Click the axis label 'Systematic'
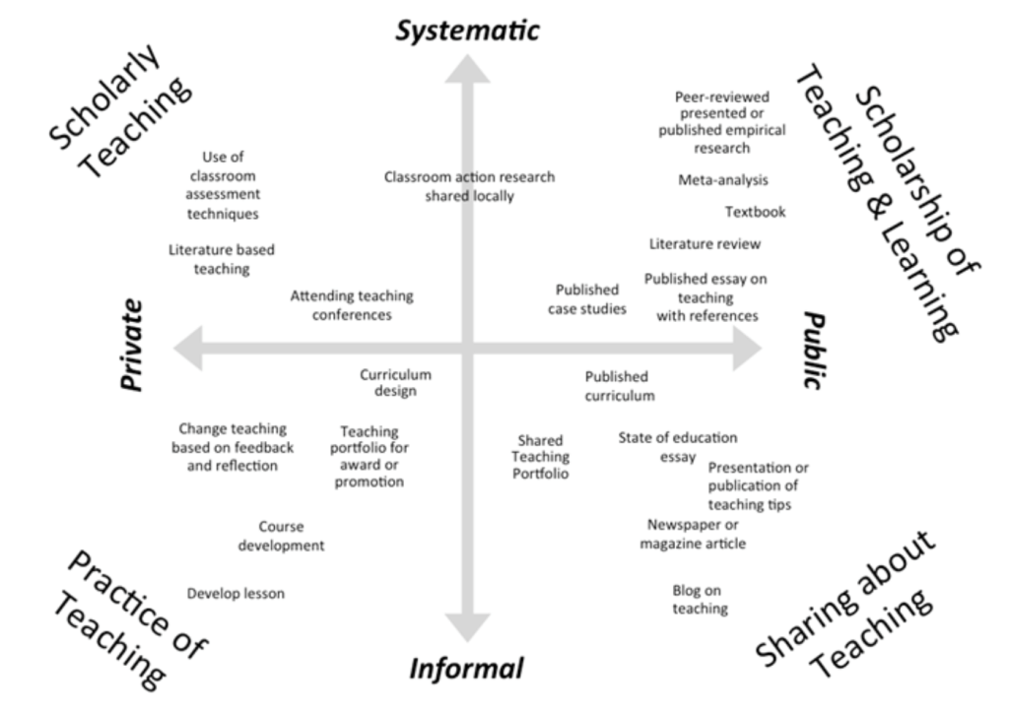(x=467, y=30)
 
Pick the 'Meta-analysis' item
(x=723, y=180)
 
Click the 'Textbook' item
(x=755, y=212)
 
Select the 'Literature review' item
(x=705, y=243)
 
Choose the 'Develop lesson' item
(x=235, y=593)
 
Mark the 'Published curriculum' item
(x=617, y=386)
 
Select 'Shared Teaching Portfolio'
(x=541, y=458)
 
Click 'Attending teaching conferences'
(x=352, y=305)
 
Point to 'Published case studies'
(x=587, y=299)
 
